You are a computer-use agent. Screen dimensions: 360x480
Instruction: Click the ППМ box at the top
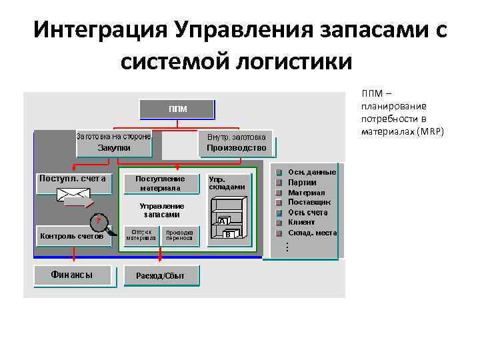177,109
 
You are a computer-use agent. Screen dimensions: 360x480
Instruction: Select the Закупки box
114,147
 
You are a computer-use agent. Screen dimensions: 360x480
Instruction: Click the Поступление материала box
159,183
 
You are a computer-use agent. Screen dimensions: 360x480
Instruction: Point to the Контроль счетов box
72,235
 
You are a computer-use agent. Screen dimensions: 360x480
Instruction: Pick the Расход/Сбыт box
160,275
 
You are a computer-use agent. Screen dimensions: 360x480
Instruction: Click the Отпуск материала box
141,235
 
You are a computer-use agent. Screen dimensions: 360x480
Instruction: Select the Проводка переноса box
179,235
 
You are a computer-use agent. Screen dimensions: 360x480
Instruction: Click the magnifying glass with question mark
97,221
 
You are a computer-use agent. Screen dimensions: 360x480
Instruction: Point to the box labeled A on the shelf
223,221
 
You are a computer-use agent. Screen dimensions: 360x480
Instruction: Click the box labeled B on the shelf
229,234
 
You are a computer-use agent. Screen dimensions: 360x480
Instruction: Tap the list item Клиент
301,222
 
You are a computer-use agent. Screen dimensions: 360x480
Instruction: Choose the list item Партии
302,182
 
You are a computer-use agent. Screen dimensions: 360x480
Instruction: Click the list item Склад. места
312,233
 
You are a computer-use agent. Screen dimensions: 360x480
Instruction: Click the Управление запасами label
162,210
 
